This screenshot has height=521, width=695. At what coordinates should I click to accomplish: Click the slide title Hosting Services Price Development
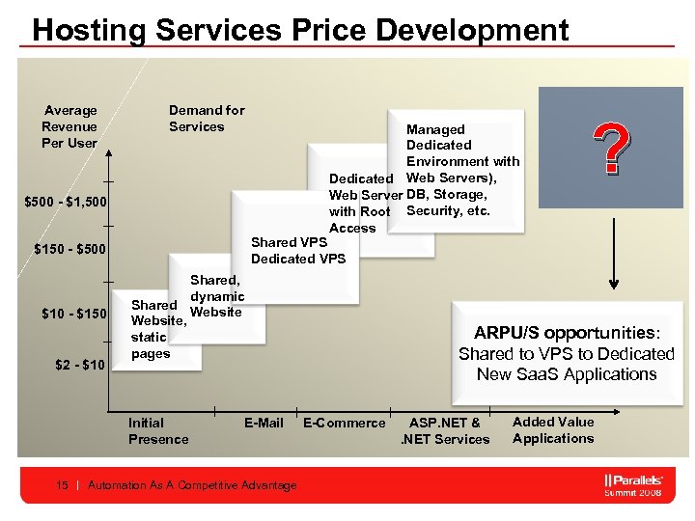click(300, 30)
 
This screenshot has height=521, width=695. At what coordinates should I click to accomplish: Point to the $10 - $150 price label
click(72, 313)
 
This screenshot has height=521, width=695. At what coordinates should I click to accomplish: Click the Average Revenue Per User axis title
click(69, 126)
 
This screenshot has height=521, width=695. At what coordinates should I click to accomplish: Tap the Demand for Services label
click(207, 119)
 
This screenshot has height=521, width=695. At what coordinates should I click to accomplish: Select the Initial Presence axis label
click(158, 430)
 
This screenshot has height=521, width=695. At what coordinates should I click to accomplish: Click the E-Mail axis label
click(264, 423)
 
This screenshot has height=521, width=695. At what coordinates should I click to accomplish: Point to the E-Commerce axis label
click(344, 423)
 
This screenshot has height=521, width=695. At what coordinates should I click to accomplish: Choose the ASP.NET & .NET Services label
click(445, 430)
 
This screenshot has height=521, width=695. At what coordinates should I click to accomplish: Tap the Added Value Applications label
click(553, 429)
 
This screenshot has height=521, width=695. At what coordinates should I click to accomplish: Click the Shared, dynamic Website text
click(216, 296)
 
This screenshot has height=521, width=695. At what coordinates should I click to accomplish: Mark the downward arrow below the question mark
click(612, 241)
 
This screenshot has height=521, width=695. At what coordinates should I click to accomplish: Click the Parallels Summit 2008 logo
click(632, 484)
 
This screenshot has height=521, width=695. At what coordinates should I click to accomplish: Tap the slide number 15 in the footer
click(63, 485)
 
